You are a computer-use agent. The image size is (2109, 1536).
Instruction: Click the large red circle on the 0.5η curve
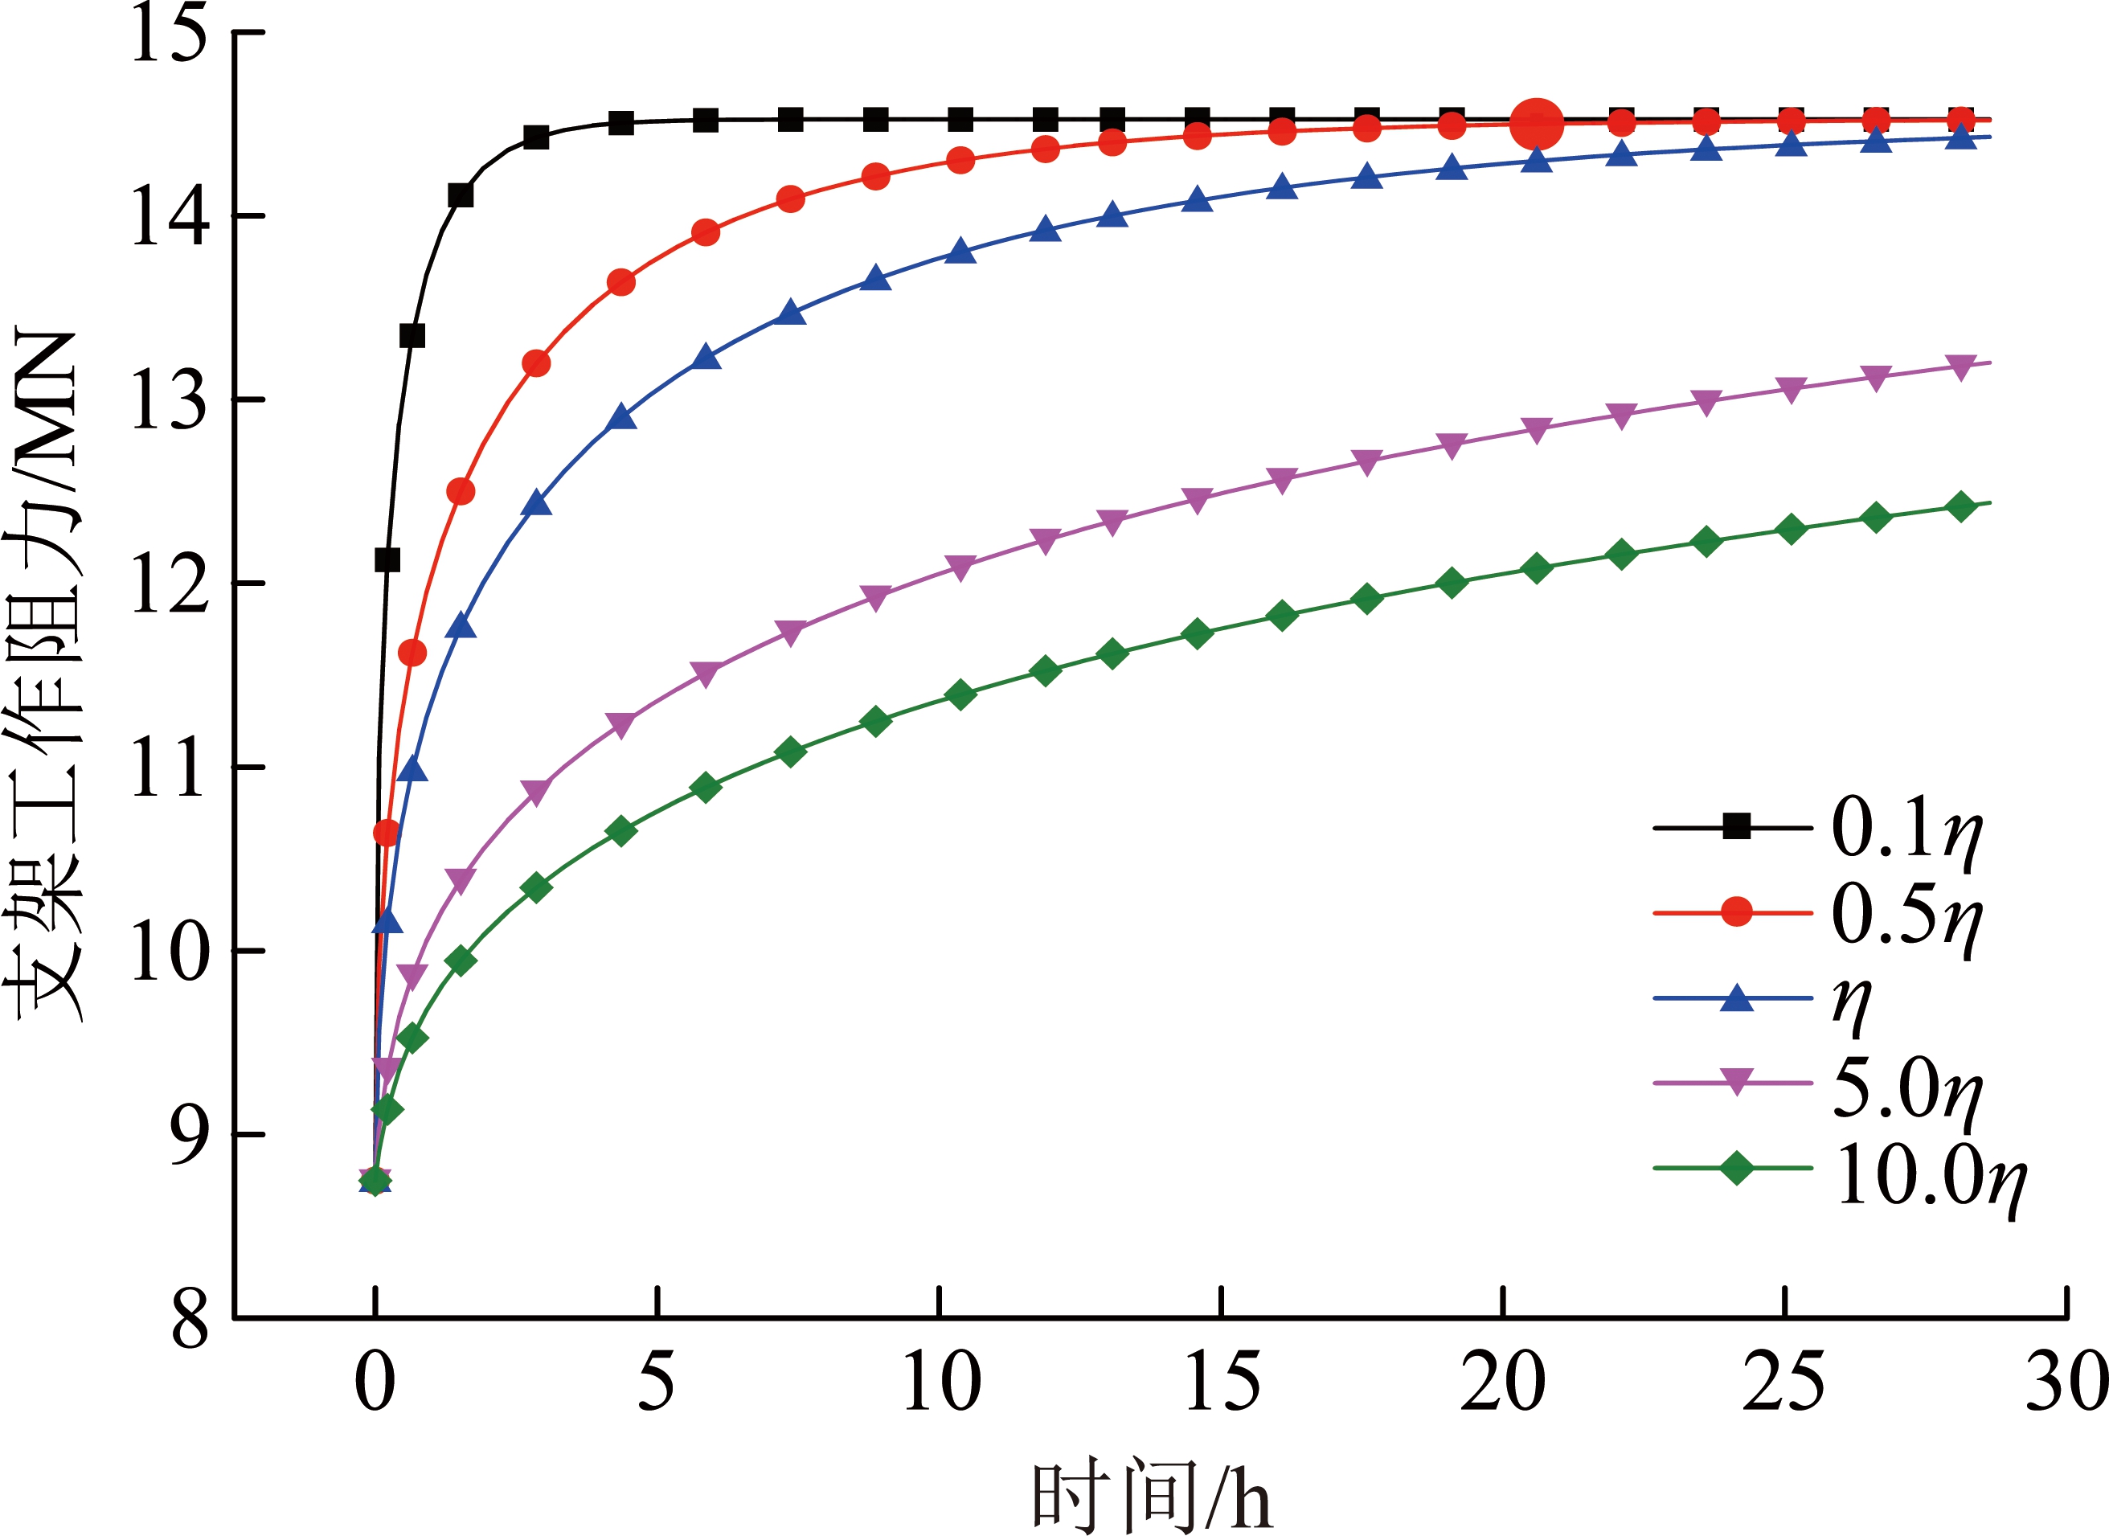[x=1536, y=123]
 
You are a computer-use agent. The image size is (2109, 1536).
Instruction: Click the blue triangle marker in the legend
[x=1736, y=997]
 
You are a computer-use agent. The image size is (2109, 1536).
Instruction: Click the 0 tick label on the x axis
[x=375, y=1382]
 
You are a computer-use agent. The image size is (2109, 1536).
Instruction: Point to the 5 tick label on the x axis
[x=657, y=1382]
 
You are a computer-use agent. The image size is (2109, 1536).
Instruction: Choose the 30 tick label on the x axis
[x=2066, y=1382]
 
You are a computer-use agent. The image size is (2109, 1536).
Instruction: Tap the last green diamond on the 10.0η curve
[x=1961, y=506]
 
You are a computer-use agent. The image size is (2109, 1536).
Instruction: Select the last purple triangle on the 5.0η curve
[x=1961, y=367]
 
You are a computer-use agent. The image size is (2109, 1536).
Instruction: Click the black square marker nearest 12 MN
[x=387, y=559]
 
